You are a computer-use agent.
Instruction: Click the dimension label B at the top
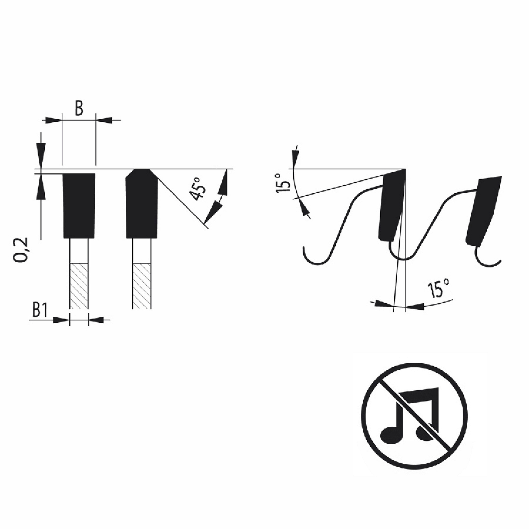[79, 108]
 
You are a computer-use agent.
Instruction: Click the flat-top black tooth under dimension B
[79, 206]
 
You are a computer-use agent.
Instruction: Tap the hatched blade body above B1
[79, 286]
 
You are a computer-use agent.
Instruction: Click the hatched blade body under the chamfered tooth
[142, 286]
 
